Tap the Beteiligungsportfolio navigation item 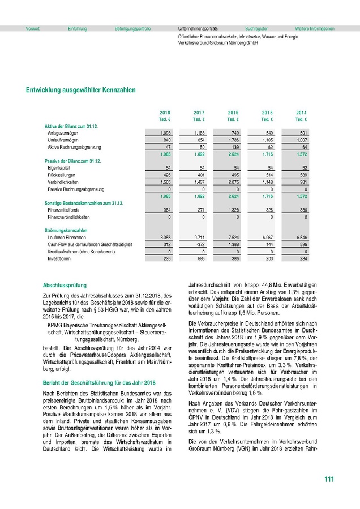coord(132,28)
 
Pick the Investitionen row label coord(59,258)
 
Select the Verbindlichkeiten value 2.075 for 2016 coord(232,182)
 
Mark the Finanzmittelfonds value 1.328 coord(232,209)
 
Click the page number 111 coord(329,480)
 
